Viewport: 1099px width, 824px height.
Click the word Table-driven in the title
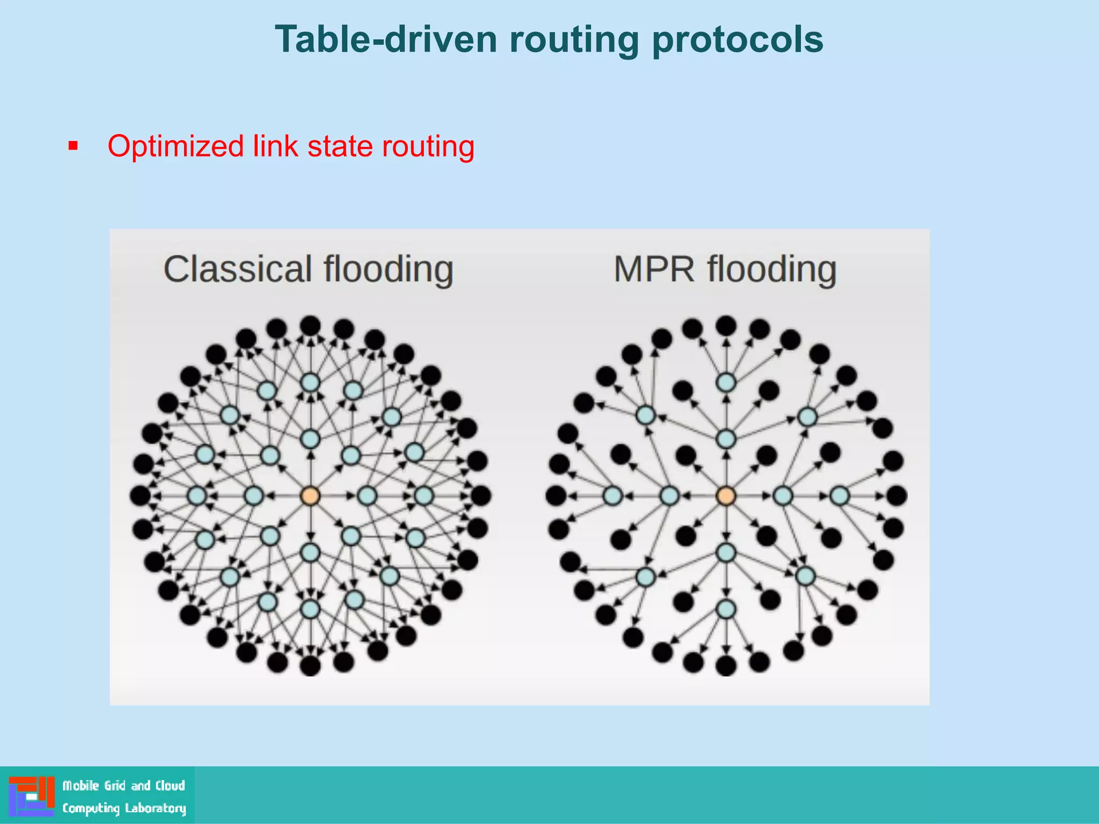point(386,40)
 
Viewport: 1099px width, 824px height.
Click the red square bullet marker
point(74,146)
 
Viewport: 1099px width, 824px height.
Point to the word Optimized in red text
point(175,146)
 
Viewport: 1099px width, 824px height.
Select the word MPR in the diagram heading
point(654,269)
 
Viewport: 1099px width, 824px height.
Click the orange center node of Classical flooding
point(310,496)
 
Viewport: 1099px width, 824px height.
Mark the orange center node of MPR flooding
point(726,496)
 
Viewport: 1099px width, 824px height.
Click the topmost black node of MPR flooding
point(726,325)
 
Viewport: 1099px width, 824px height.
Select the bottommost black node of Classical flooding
point(310,666)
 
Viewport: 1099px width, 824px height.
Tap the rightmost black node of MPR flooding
point(897,496)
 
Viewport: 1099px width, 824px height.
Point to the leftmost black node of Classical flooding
point(140,496)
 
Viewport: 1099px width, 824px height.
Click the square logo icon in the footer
point(32,796)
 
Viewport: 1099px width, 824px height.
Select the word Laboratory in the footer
point(156,808)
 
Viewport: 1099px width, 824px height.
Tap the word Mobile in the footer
point(81,786)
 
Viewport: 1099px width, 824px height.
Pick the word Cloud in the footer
point(170,786)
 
